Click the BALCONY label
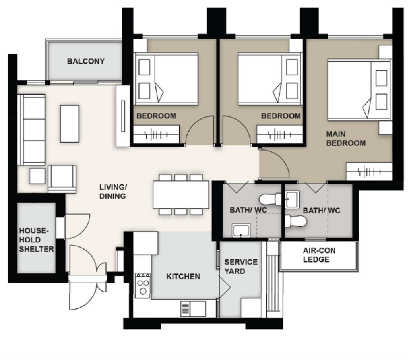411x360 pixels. tap(86, 61)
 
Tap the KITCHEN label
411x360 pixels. tap(183, 277)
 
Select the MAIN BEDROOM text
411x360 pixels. tap(346, 139)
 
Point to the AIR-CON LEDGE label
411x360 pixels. tap(319, 255)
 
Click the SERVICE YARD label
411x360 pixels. tap(240, 267)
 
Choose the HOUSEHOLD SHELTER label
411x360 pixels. tap(37, 240)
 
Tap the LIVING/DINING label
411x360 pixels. tap(113, 192)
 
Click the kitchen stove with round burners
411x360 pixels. tap(143, 286)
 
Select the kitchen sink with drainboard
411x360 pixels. tap(193, 309)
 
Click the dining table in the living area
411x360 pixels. tap(181, 194)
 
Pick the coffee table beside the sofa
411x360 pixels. tap(70, 124)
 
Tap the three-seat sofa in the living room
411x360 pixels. tap(32, 130)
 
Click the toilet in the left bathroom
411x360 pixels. tap(270, 199)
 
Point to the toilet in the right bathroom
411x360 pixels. tap(296, 221)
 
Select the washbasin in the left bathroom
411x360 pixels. tap(241, 230)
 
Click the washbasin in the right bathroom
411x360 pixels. tap(292, 199)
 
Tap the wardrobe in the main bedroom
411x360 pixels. tap(369, 172)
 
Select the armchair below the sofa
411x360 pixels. tap(62, 179)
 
